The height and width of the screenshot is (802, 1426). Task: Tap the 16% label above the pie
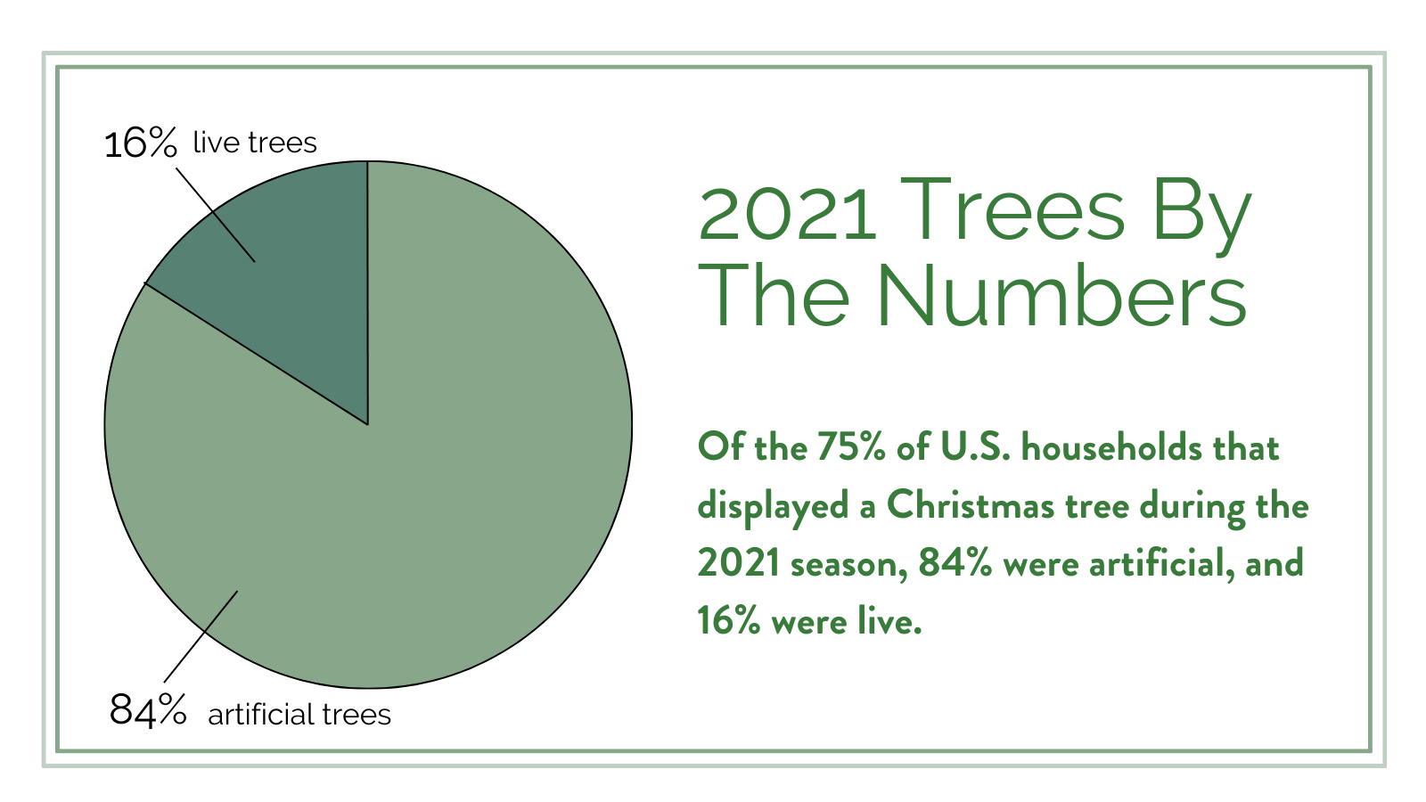pos(141,143)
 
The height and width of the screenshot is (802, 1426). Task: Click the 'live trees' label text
pos(255,143)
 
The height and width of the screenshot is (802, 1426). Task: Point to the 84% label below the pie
pos(148,711)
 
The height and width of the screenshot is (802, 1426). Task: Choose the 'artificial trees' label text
pos(299,715)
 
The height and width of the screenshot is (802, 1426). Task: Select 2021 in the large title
pos(788,212)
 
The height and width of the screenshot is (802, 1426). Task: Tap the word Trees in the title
pos(1012,210)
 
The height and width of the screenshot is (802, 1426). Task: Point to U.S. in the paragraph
pos(975,447)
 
